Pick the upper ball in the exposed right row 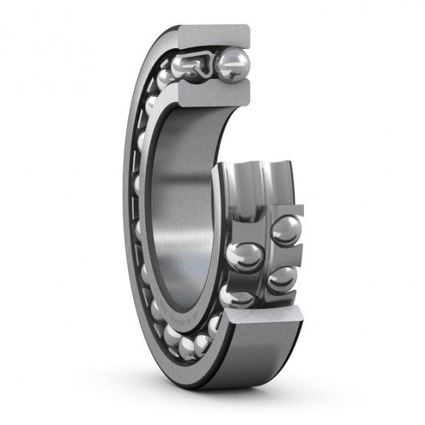pos(285,230)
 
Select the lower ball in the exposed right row pos(281,278)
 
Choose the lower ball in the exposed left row pos(237,298)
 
